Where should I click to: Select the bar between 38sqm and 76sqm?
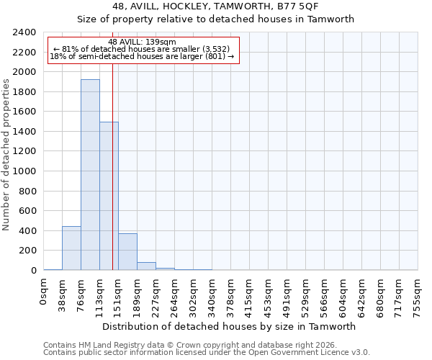pyautogui.click(x=71, y=248)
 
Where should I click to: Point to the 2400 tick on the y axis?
pyautogui.click(x=25, y=32)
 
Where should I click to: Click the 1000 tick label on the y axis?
pyautogui.click(x=25, y=171)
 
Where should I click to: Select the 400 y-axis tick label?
pyautogui.click(x=28, y=231)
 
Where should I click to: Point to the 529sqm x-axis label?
pyautogui.click(x=306, y=292)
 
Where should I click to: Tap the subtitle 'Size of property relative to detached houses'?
pyautogui.click(x=215, y=19)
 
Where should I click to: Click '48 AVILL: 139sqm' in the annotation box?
pyautogui.click(x=141, y=42)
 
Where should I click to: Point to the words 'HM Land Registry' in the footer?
pyautogui.click(x=107, y=345)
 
